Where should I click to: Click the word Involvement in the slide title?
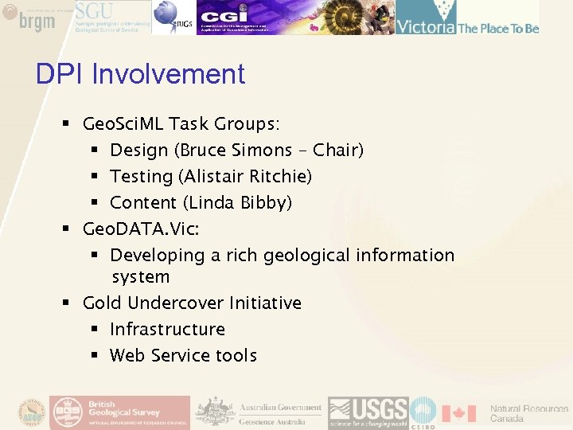pyautogui.click(x=169, y=74)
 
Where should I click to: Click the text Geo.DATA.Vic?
pyautogui.click(x=141, y=229)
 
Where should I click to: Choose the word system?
pyautogui.click(x=141, y=277)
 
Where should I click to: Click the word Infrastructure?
pyautogui.click(x=167, y=329)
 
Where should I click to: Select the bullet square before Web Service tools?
pyautogui.click(x=94, y=355)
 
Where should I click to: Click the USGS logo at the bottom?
pyautogui.click(x=368, y=412)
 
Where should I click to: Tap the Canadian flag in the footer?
pyautogui.click(x=458, y=413)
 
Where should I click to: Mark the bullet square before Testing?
pyautogui.click(x=94, y=176)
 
